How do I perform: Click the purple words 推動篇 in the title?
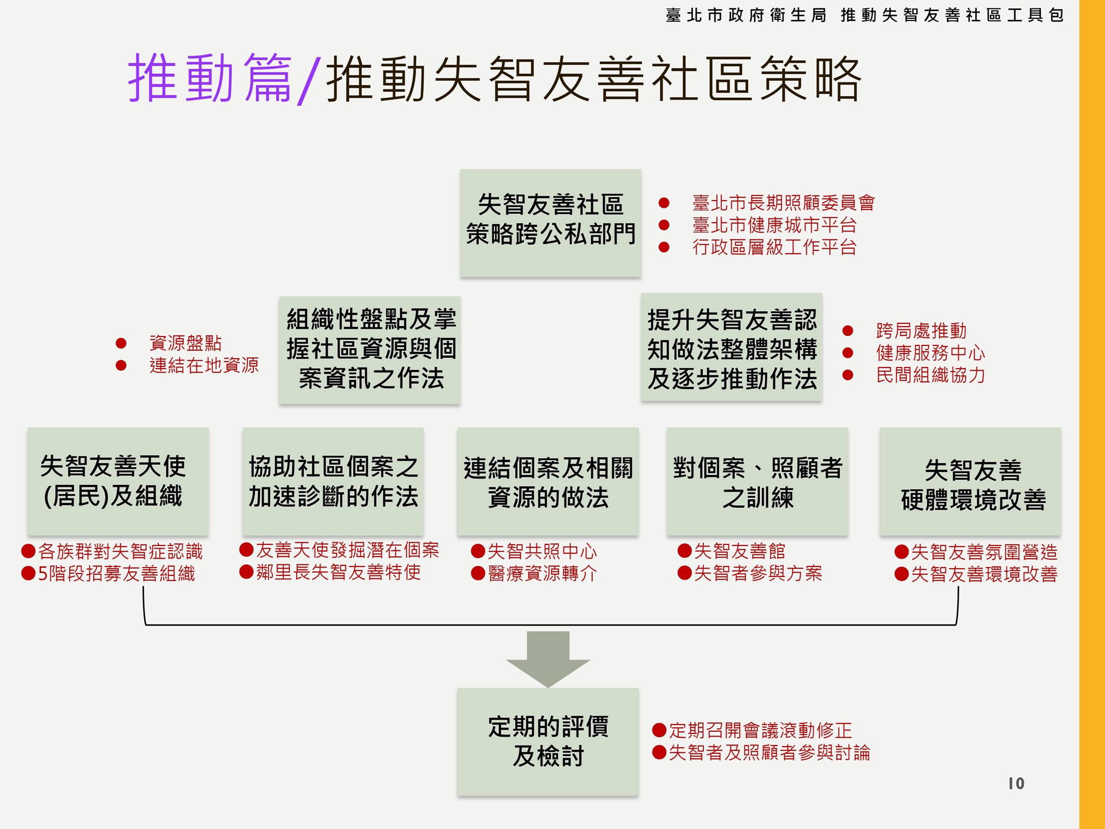pos(210,78)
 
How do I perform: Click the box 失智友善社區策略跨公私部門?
pos(550,222)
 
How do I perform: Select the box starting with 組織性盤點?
pos(370,349)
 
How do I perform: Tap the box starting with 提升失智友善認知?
pos(732,348)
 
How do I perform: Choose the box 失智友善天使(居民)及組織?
pos(118,481)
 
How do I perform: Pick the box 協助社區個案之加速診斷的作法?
pos(333,481)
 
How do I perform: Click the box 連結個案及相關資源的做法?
pos(548,481)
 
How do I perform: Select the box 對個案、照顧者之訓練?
pos(757,481)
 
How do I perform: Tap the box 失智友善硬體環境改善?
pos(970,481)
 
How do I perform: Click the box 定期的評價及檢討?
pos(548,741)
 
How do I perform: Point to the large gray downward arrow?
pos(548,658)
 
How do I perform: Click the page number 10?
pos(1016,783)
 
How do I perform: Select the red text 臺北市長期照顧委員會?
pos(783,203)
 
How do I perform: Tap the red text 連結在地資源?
pos(204,365)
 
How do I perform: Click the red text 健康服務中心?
pos(930,353)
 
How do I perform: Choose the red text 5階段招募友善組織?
pos(116,573)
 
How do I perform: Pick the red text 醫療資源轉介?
pos(542,573)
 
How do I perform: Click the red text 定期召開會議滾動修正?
pos(760,730)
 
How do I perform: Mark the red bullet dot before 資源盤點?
pos(121,343)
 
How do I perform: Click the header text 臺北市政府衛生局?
pos(746,15)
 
